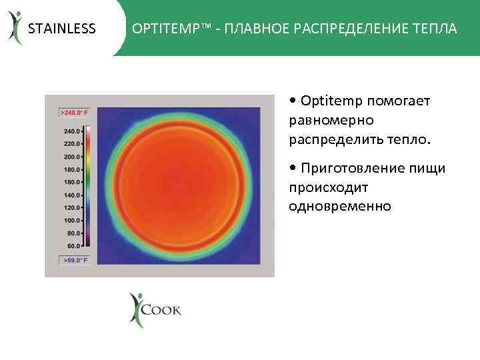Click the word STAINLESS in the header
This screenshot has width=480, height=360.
point(61,29)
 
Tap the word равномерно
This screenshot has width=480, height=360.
point(331,121)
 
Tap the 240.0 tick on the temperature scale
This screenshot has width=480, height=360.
point(71,131)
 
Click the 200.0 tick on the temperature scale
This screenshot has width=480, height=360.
point(71,157)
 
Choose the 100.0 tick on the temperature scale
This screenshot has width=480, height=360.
point(71,220)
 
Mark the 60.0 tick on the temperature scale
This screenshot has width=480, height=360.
point(71,245)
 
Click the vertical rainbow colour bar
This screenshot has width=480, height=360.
point(88,187)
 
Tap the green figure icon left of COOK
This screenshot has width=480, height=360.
point(136,310)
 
